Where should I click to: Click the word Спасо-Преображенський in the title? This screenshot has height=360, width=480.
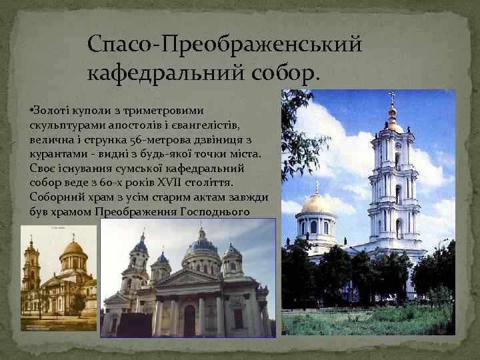[225, 45]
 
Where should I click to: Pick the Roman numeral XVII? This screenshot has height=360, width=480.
[191, 184]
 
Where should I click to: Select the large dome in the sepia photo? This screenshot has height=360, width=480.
[74, 250]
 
